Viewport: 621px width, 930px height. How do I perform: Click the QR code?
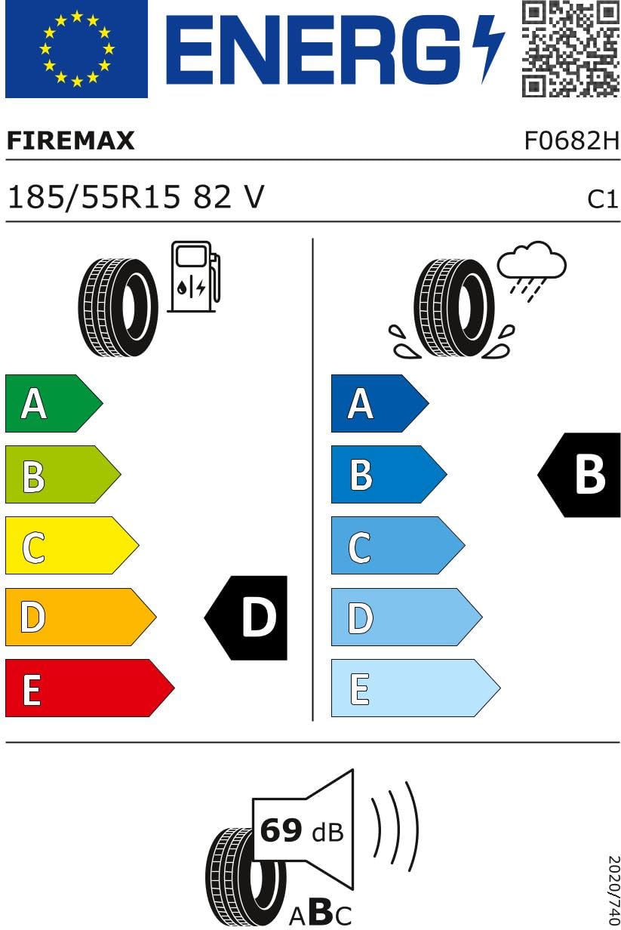tap(570, 49)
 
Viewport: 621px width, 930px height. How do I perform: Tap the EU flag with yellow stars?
tap(76, 49)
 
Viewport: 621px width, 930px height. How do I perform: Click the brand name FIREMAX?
tap(71, 140)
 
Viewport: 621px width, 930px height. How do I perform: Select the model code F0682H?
tap(572, 140)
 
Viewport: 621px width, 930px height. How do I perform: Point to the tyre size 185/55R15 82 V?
tap(136, 196)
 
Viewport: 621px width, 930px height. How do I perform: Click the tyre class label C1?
tap(602, 199)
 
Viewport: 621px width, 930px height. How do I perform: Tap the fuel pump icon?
tap(193, 276)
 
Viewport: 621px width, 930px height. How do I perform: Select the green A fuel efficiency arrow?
tap(54, 403)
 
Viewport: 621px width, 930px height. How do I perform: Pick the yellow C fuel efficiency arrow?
tap(72, 546)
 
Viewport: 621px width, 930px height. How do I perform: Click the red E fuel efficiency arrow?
tap(90, 688)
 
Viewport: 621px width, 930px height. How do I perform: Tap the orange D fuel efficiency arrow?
tap(81, 617)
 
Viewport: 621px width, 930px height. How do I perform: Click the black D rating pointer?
tap(246, 617)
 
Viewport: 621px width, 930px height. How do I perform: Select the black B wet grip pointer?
tap(579, 475)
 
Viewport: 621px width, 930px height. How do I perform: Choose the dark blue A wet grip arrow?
tap(380, 403)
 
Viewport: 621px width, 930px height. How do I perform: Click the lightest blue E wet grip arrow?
tap(416, 688)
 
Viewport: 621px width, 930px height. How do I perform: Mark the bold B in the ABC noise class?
tap(321, 911)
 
